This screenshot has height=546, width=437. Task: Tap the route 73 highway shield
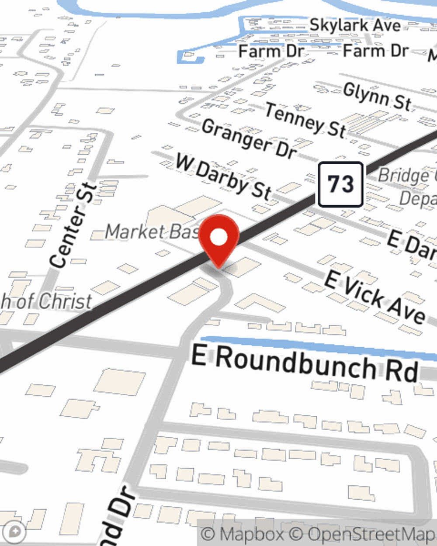click(x=340, y=184)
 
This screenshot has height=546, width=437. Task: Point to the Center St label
click(x=73, y=225)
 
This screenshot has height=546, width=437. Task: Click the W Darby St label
click(x=223, y=176)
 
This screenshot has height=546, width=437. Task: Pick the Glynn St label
click(x=377, y=97)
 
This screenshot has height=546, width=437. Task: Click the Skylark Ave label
click(x=355, y=25)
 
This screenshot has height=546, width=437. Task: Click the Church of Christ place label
click(x=46, y=301)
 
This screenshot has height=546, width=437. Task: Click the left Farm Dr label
click(x=271, y=51)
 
